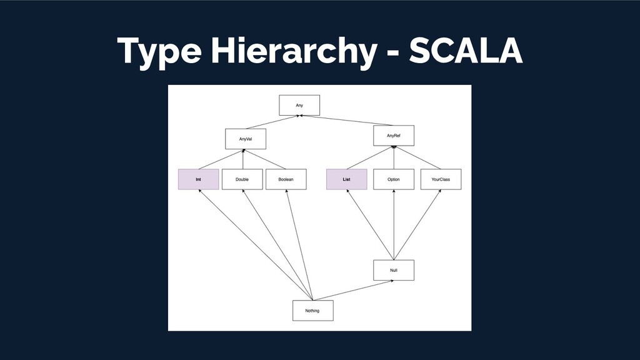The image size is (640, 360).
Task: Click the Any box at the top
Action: pos(299,105)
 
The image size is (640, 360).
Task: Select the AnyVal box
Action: pos(246,139)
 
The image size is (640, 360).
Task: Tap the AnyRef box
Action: pos(394,136)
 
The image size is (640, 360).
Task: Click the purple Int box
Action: pos(198,179)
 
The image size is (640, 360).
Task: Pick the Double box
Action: pos(242,179)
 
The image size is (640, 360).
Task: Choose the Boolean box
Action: pos(286,179)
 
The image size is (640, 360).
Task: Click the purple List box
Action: pos(346,179)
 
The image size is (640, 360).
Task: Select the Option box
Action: pos(394,179)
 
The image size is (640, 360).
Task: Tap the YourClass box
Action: pos(441,179)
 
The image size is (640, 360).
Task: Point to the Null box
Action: pos(394,270)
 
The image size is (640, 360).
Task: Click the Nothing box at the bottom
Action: pos(313,311)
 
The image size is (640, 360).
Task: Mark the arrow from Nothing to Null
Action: pos(354,291)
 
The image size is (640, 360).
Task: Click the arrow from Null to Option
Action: pos(394,225)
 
